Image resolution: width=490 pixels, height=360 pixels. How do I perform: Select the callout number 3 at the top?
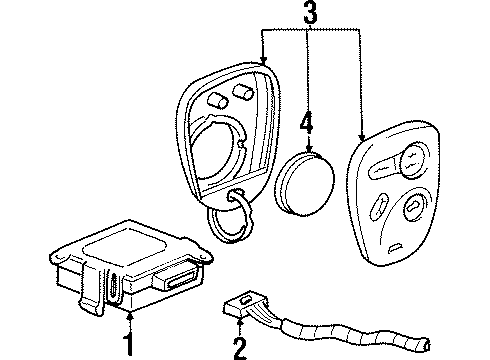[x=308, y=15]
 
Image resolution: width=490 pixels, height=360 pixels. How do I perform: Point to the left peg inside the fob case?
[x=217, y=99]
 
